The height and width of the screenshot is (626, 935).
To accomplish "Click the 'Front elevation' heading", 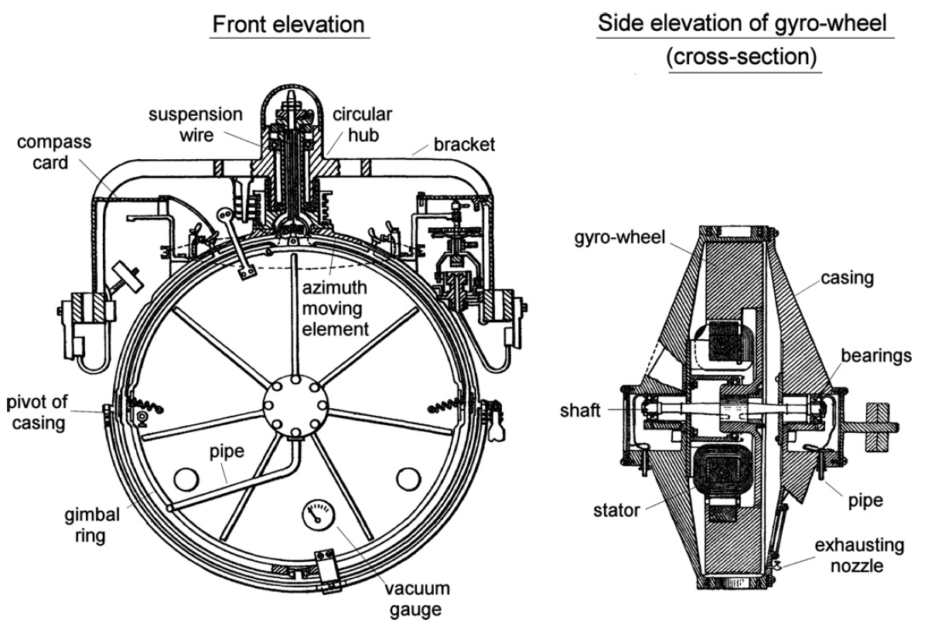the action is [x=288, y=24].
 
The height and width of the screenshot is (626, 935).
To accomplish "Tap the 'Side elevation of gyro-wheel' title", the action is [x=742, y=22].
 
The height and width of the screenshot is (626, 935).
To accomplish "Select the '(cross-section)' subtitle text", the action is [x=742, y=56].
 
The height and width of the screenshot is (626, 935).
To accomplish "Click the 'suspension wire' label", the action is [x=196, y=124].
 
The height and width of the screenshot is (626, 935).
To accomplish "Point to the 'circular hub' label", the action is [x=362, y=124].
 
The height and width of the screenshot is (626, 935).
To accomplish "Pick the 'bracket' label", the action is [x=464, y=145].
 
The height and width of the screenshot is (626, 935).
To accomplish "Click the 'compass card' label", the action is [x=54, y=151].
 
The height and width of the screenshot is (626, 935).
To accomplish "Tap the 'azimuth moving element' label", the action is [x=335, y=308].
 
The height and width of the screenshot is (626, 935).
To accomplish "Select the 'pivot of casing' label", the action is [x=37, y=412].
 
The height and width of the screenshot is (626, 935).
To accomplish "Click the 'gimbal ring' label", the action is [x=92, y=525].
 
